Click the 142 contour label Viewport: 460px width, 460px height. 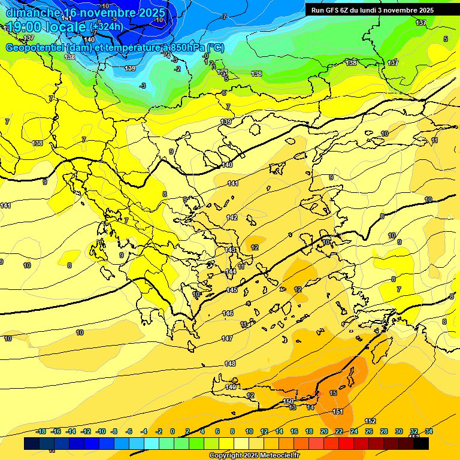[232, 217]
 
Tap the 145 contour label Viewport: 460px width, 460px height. [232, 290]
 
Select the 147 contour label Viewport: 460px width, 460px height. [227, 338]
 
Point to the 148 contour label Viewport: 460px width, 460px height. [230, 364]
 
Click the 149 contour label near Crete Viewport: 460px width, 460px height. [231, 388]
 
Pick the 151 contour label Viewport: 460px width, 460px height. [338, 411]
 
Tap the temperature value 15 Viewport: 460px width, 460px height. [333, 393]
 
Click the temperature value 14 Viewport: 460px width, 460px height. [310, 407]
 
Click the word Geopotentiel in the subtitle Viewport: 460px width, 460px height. [35, 48]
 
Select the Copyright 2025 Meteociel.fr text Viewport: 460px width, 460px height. [254, 456]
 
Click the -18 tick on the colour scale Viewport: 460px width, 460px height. [41, 431]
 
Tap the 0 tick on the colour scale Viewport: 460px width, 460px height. [172, 431]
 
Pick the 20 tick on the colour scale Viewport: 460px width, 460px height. [324, 431]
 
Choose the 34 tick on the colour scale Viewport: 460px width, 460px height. [428, 431]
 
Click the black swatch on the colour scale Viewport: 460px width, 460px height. [421, 444]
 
